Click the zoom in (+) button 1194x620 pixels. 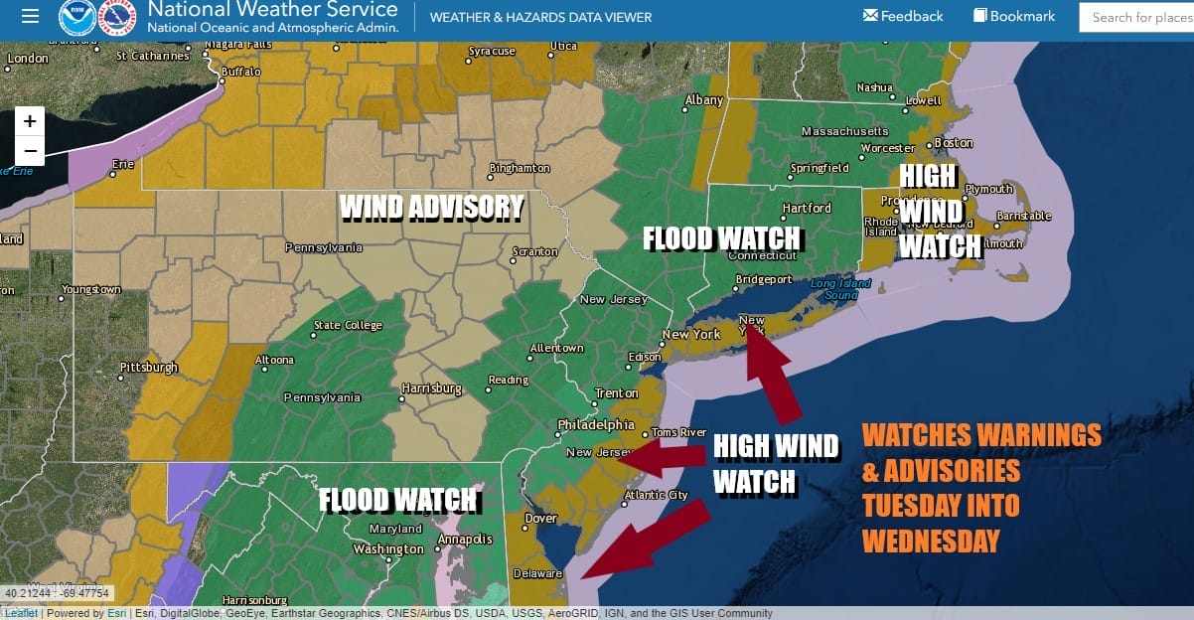30,121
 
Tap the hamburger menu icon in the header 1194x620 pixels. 30,17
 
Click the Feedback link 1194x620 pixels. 903,16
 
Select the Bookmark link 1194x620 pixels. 1014,16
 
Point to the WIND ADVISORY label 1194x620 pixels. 431,207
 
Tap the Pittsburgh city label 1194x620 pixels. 149,367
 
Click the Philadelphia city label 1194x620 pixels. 596,424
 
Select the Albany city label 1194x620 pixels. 704,100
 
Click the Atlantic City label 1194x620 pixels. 656,496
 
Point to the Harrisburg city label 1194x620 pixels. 432,388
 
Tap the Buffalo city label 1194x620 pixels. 240,73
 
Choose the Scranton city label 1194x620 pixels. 535,251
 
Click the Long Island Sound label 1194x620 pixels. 840,289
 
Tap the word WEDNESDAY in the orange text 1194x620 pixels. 930,541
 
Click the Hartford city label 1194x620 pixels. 807,208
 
